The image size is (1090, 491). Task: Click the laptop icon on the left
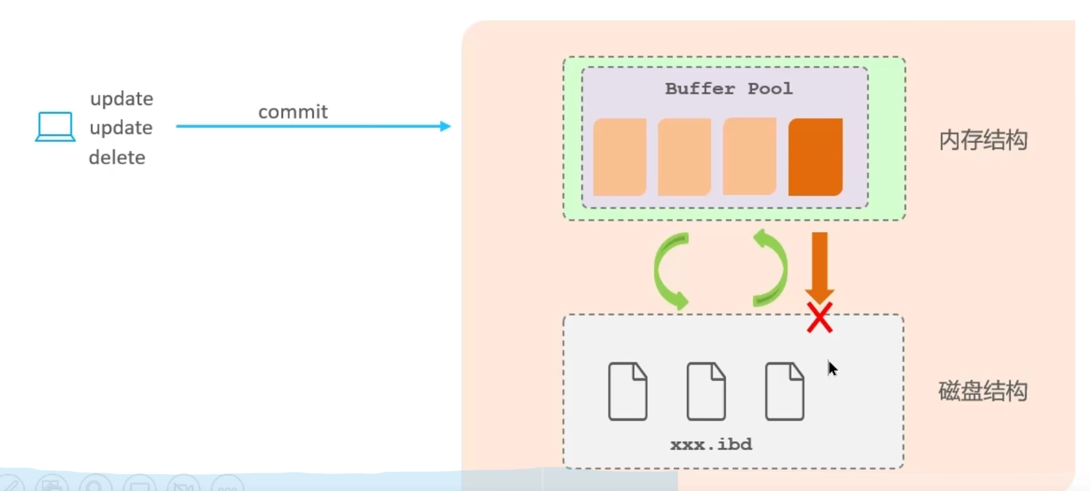point(55,126)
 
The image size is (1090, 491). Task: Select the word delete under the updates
point(117,158)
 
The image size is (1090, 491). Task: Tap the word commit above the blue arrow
point(293,112)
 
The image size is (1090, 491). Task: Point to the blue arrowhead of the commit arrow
point(446,126)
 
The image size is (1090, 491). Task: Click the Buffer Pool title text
point(729,89)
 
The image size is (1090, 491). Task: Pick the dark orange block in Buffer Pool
point(816,157)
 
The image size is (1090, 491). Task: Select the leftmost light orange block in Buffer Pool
point(620,157)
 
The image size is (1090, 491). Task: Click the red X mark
point(819,318)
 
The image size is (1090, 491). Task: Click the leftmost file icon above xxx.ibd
point(628,391)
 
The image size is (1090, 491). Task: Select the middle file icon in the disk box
point(706,391)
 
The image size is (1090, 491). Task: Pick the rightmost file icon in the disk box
point(785,391)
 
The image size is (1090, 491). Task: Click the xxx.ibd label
point(711,444)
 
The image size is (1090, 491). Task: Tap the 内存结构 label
point(983,140)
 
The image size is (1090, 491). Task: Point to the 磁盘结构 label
point(983,391)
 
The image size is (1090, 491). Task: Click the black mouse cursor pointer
point(832,368)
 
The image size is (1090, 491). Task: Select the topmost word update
point(122,99)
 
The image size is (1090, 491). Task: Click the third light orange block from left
point(750,156)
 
